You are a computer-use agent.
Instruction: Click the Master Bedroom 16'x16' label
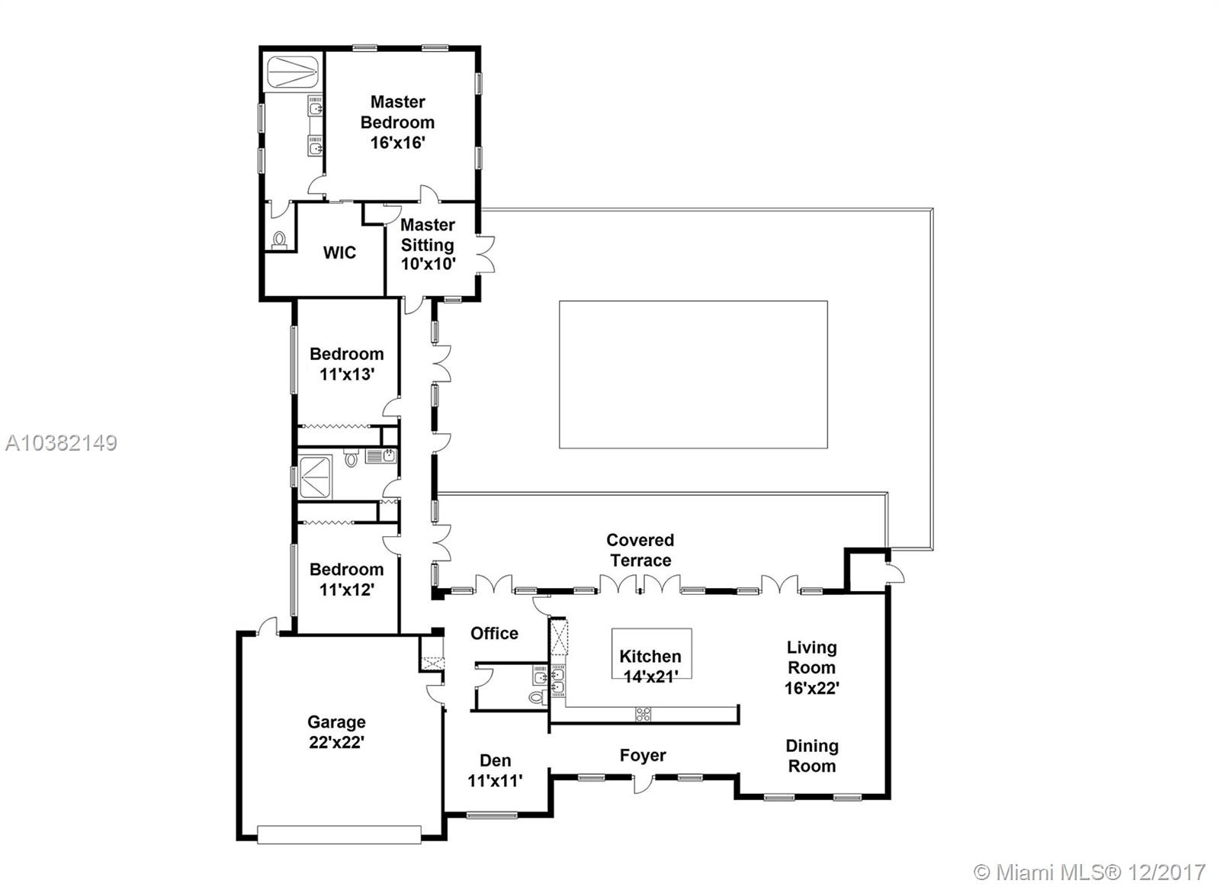click(397, 122)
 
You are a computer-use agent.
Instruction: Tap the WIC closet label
click(339, 252)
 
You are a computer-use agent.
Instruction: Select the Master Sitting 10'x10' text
click(428, 245)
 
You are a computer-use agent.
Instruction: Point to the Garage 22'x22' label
click(336, 731)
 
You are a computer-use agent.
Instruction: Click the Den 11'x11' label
click(495, 770)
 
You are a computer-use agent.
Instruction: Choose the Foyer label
click(643, 756)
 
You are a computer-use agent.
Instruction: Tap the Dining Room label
click(811, 756)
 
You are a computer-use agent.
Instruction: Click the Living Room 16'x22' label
click(811, 667)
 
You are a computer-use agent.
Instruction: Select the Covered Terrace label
click(640, 550)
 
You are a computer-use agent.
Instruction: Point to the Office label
click(495, 633)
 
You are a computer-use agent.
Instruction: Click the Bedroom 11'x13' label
click(346, 364)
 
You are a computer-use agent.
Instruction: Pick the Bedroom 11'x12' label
click(346, 579)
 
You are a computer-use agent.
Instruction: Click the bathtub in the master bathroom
click(292, 72)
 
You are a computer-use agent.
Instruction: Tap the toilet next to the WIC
click(279, 240)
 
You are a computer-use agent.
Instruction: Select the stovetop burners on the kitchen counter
click(644, 714)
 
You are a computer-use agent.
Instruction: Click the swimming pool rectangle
click(693, 374)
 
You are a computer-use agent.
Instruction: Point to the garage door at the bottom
click(339, 834)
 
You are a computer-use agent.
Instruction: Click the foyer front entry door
click(643, 783)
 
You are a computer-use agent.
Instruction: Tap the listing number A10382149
click(61, 443)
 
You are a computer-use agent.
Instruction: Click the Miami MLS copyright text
click(1090, 873)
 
